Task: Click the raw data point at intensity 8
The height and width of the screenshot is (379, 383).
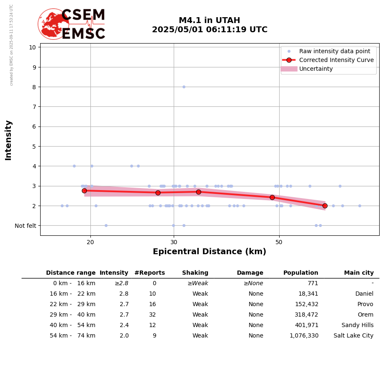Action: [184, 87]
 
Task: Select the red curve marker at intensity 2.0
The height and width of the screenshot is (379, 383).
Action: [325, 206]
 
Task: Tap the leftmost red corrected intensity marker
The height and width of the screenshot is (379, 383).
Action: [84, 191]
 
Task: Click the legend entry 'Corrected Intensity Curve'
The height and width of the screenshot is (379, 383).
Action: [336, 60]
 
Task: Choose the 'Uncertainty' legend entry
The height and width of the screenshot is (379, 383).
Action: [316, 69]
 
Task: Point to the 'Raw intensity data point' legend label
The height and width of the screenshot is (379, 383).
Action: [334, 51]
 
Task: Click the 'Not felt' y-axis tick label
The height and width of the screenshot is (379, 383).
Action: [26, 226]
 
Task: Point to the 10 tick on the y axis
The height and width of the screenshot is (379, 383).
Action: [32, 47]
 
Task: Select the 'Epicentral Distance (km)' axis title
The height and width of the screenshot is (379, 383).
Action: [209, 252]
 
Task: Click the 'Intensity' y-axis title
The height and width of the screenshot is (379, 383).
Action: [8, 140]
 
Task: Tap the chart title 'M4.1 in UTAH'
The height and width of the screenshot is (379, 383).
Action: [209, 21]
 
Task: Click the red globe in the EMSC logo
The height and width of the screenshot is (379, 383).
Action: [53, 24]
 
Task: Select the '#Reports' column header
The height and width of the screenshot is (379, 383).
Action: [149, 273]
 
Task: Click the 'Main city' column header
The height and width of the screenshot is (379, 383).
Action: [359, 273]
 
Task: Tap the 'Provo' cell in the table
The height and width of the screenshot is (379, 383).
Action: [365, 304]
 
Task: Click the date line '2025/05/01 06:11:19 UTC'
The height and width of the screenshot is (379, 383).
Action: [209, 30]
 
